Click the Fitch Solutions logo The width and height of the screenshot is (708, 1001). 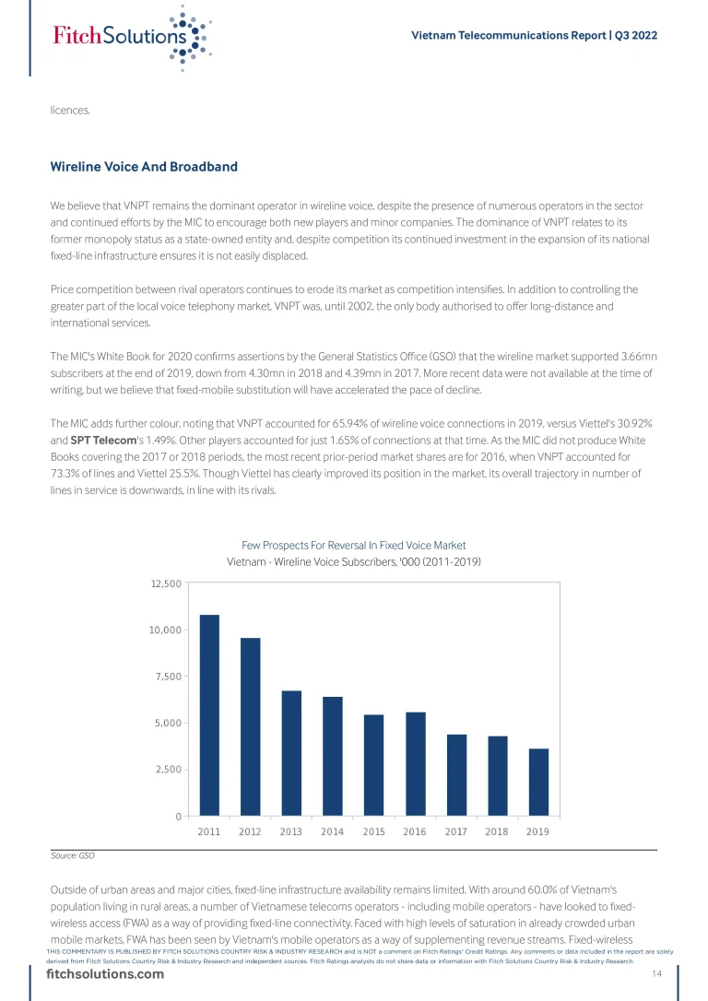coord(130,38)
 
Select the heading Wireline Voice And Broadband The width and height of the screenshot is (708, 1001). coord(144,167)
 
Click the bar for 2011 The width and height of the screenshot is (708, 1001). coord(209,714)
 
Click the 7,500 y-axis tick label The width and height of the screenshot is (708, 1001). coord(168,677)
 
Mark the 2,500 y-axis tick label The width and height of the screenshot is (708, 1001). coord(168,770)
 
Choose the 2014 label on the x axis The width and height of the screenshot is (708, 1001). coord(332,831)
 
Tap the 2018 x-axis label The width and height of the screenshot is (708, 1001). coord(496,831)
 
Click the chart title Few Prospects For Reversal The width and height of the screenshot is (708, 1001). coord(354,545)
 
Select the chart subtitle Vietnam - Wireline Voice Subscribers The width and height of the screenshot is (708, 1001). coord(354,561)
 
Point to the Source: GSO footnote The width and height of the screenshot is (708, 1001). coord(73,855)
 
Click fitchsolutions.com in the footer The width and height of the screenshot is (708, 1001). coord(105,975)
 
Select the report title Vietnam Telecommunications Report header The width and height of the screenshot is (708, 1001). coord(534,35)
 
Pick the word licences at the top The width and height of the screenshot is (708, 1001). coord(70,111)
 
